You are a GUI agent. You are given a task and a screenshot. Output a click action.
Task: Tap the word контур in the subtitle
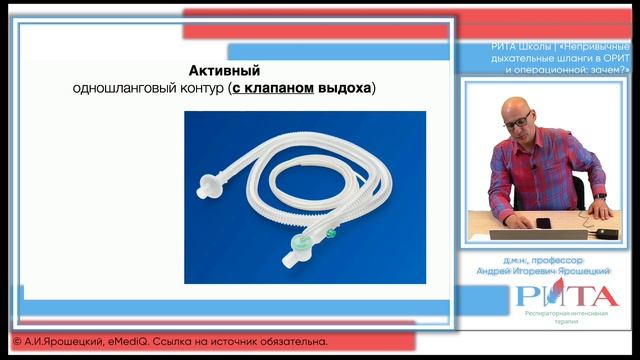(200, 89)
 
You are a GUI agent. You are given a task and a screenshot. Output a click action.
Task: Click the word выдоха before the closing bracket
(345, 89)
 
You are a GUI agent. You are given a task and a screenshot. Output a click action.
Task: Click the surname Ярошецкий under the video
(587, 270)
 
